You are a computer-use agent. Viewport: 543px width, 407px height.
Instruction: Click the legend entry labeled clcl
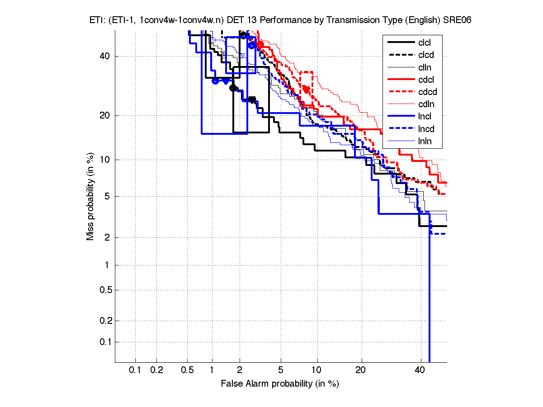(x=425, y=43)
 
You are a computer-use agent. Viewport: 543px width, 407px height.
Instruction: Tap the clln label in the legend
(x=425, y=67)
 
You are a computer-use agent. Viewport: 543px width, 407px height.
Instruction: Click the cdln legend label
(x=425, y=104)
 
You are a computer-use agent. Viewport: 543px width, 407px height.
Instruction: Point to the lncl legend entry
(x=425, y=117)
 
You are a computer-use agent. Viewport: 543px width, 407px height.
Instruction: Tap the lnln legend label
(x=425, y=141)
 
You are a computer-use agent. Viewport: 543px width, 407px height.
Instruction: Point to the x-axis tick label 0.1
(x=135, y=370)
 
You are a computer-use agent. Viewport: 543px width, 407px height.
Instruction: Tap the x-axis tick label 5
(x=281, y=370)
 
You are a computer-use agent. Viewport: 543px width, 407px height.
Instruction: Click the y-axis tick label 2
(x=107, y=237)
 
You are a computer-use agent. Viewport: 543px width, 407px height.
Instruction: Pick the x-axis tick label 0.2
(x=156, y=370)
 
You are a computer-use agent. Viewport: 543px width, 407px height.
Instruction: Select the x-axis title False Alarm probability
(x=280, y=384)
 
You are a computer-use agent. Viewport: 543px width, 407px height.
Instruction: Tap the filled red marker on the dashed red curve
(x=306, y=89)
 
